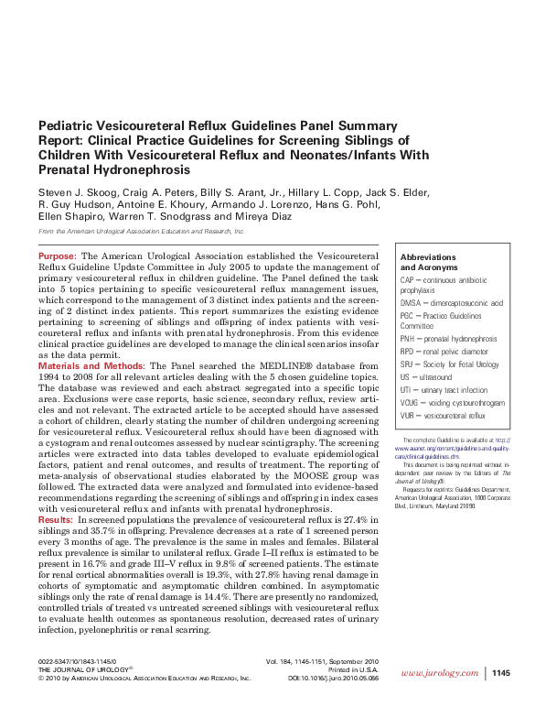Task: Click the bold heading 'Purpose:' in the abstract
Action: (x=58, y=255)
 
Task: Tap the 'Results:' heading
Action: (x=56, y=519)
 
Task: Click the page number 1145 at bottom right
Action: (x=500, y=673)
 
